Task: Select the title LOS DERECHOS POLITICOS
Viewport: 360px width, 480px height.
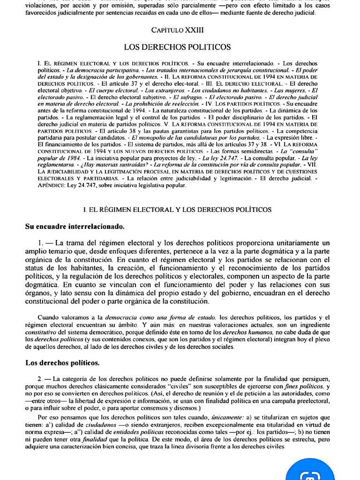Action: [177, 47]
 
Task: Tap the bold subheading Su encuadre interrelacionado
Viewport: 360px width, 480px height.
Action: [75, 227]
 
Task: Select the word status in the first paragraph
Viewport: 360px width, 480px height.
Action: [36, 268]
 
